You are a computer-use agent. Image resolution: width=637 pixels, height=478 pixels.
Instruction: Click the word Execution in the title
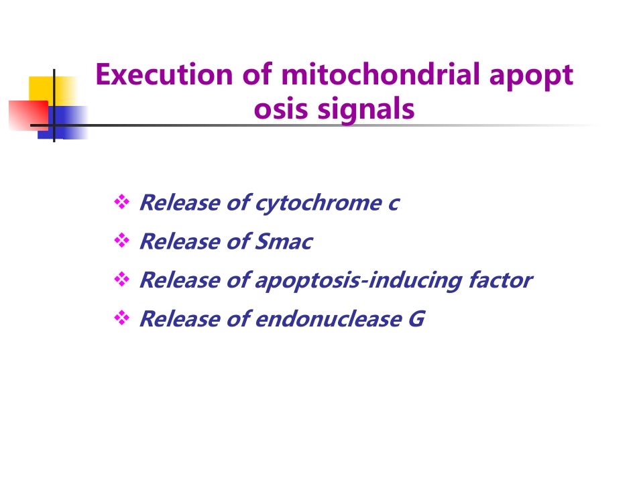click(x=164, y=74)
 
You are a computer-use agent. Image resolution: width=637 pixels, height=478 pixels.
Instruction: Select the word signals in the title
click(x=365, y=110)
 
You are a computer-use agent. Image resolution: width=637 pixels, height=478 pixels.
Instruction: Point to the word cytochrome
click(x=318, y=203)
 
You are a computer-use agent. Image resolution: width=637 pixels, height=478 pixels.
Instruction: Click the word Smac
click(x=284, y=241)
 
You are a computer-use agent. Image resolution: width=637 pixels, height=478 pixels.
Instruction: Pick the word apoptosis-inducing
click(x=358, y=281)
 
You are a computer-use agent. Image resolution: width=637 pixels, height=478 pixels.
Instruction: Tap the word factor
click(x=500, y=280)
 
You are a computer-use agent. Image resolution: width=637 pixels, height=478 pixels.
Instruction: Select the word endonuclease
click(x=329, y=319)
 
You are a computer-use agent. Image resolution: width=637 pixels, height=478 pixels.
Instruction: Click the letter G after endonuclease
click(x=416, y=319)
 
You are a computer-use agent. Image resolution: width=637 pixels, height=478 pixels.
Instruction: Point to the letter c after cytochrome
click(x=394, y=203)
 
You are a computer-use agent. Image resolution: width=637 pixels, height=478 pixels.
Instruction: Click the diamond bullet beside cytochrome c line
click(x=122, y=202)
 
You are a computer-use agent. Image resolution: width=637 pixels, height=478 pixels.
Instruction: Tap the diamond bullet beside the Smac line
click(x=122, y=241)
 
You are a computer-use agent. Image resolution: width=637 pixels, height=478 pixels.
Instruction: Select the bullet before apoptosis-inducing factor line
click(x=122, y=279)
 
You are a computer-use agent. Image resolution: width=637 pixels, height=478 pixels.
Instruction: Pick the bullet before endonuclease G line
click(x=122, y=318)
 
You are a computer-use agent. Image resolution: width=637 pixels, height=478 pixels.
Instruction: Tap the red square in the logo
click(x=28, y=115)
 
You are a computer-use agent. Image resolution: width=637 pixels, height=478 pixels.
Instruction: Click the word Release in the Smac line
click(x=180, y=241)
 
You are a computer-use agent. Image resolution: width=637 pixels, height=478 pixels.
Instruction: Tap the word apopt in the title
click(x=531, y=76)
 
